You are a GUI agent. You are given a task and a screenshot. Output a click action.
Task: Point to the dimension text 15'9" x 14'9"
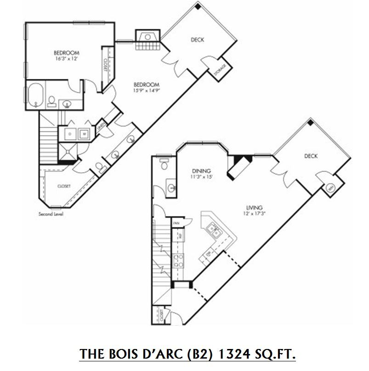[x=146, y=91]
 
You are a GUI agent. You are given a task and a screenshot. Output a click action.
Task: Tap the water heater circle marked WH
[x=330, y=188]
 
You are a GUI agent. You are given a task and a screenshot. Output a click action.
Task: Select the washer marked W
[x=84, y=134]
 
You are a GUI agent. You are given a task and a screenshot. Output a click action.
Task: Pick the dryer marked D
[x=70, y=134]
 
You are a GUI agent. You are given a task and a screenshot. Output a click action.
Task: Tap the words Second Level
[x=51, y=214]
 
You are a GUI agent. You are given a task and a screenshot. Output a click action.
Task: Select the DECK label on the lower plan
[x=311, y=156]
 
